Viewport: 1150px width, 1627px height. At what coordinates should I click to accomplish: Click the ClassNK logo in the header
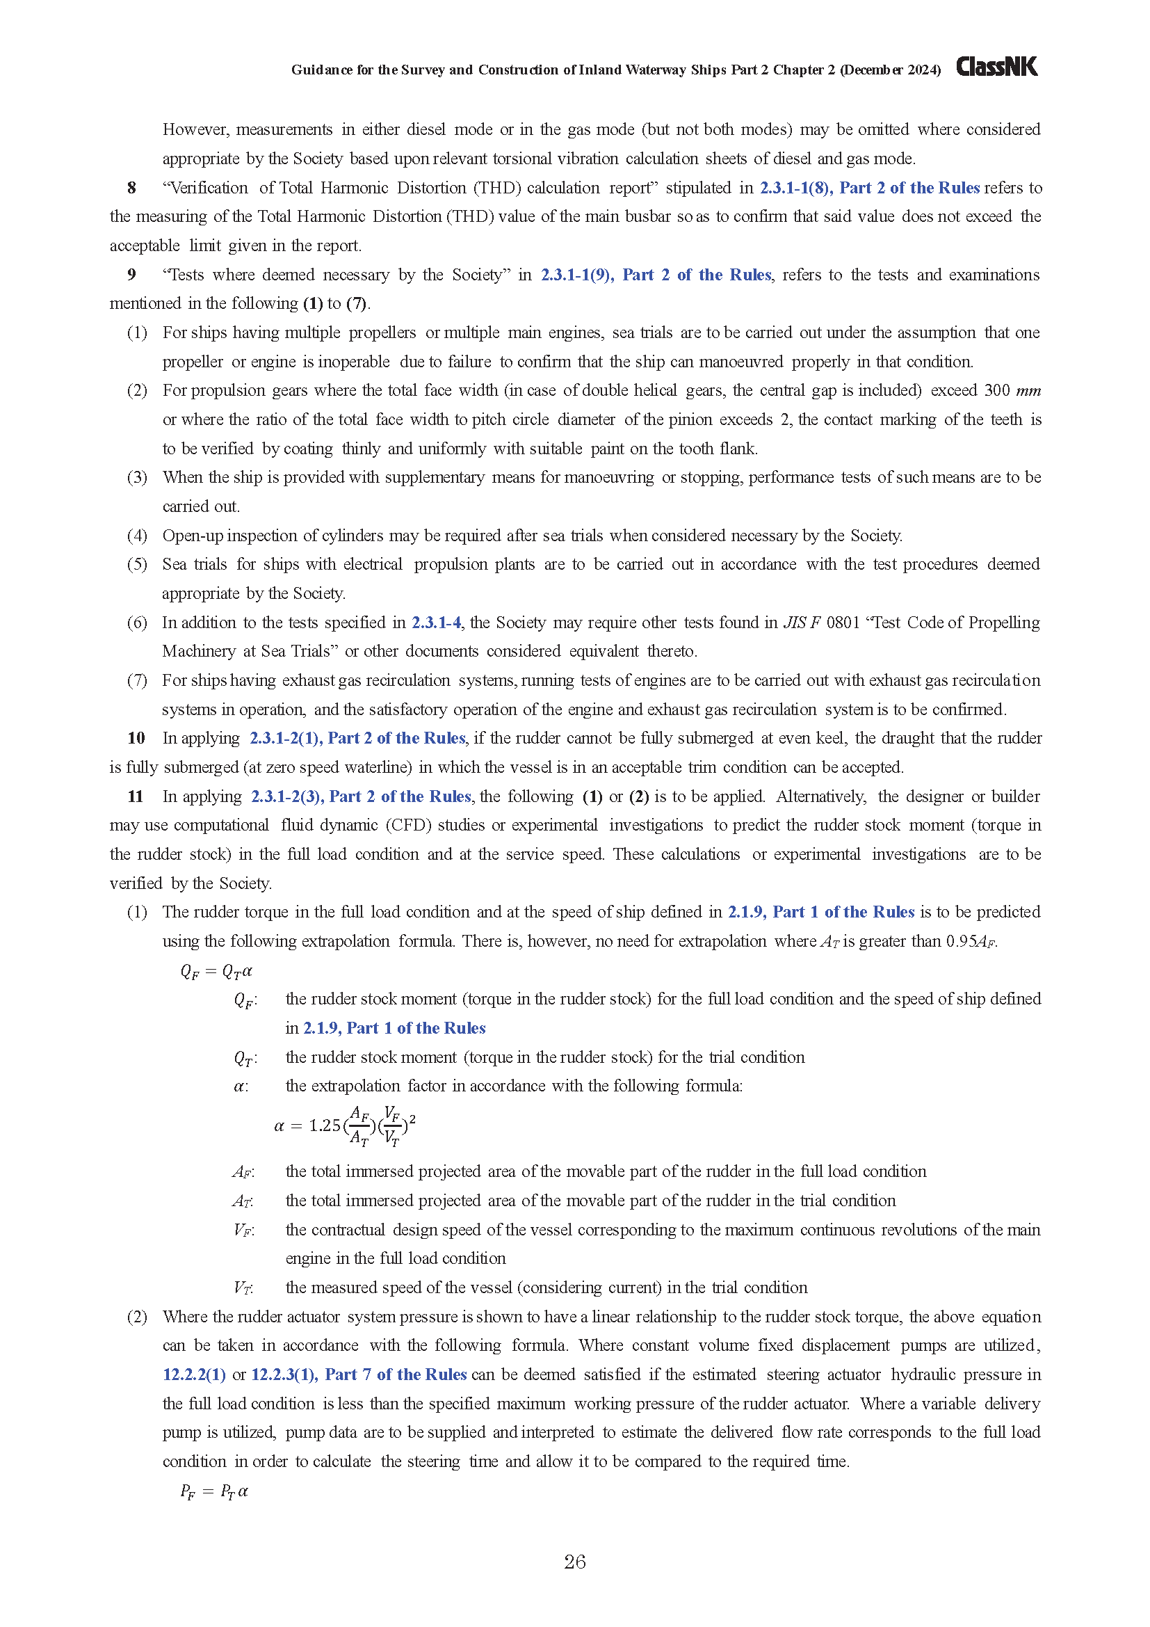click(x=996, y=67)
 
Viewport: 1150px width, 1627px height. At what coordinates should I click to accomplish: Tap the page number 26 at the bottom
click(x=574, y=1561)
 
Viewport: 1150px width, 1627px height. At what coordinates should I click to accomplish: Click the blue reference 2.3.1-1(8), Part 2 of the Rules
click(x=870, y=188)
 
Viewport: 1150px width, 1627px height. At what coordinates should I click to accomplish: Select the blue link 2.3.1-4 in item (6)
click(x=436, y=622)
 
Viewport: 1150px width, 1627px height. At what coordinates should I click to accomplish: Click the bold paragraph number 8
click(x=131, y=188)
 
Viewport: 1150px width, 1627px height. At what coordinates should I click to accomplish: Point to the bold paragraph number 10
click(x=136, y=737)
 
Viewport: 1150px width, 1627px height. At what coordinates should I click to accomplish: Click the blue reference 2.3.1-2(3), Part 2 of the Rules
click(x=361, y=796)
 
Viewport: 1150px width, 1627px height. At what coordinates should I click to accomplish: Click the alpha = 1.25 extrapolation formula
click(x=345, y=1125)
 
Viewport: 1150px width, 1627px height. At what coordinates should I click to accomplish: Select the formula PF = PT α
click(x=214, y=1491)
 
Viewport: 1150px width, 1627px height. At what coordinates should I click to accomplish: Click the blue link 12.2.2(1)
click(x=194, y=1374)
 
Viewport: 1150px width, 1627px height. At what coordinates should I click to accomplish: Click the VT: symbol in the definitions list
click(x=243, y=1288)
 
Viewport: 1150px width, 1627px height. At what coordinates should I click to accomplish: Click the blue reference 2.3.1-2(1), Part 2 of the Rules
click(x=357, y=737)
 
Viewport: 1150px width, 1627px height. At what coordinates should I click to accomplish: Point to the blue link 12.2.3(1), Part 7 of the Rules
click(x=359, y=1374)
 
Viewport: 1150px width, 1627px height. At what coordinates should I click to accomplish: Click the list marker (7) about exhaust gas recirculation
click(x=137, y=680)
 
